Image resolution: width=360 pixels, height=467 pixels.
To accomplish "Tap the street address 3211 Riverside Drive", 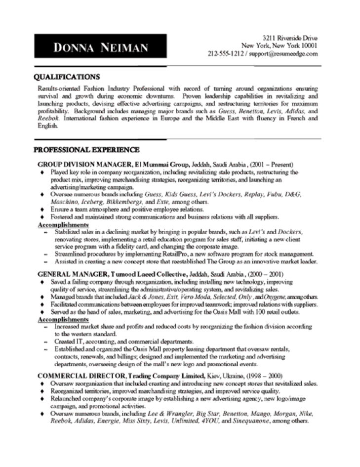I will tap(290, 38).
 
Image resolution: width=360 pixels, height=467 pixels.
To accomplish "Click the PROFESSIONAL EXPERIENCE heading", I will tap(86, 149).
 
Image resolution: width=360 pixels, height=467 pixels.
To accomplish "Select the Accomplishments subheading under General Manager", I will tap(60, 319).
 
